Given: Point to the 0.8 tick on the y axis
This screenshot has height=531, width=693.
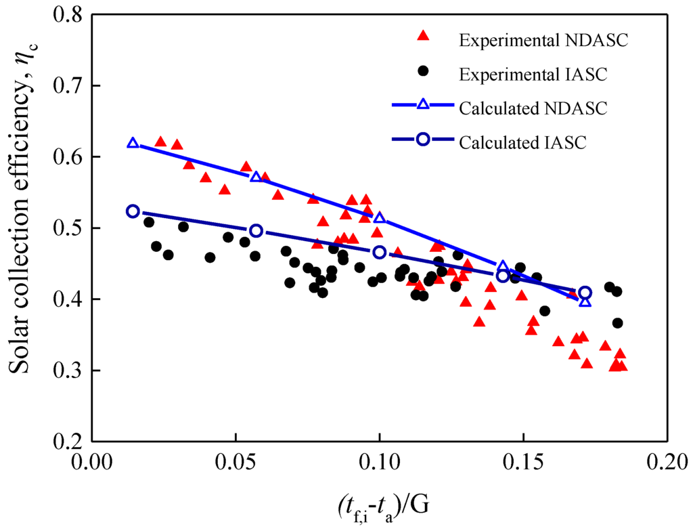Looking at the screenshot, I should pyautogui.click(x=69, y=14).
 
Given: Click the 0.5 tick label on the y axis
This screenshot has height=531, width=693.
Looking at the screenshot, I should pyautogui.click(x=69, y=228).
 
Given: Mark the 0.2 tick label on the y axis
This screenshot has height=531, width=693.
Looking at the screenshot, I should pyautogui.click(x=69, y=442).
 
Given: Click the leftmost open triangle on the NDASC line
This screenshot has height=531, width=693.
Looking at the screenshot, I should pyautogui.click(x=133, y=143).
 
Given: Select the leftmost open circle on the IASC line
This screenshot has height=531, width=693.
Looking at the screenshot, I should pyautogui.click(x=133, y=211).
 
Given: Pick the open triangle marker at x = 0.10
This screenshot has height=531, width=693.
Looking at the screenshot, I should pyautogui.click(x=380, y=217).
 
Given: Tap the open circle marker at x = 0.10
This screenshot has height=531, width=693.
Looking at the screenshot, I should pyautogui.click(x=380, y=252).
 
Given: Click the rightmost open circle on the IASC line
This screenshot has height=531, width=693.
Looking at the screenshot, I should pyautogui.click(x=585, y=293).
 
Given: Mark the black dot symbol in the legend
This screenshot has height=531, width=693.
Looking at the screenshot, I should pyautogui.click(x=424, y=71).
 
